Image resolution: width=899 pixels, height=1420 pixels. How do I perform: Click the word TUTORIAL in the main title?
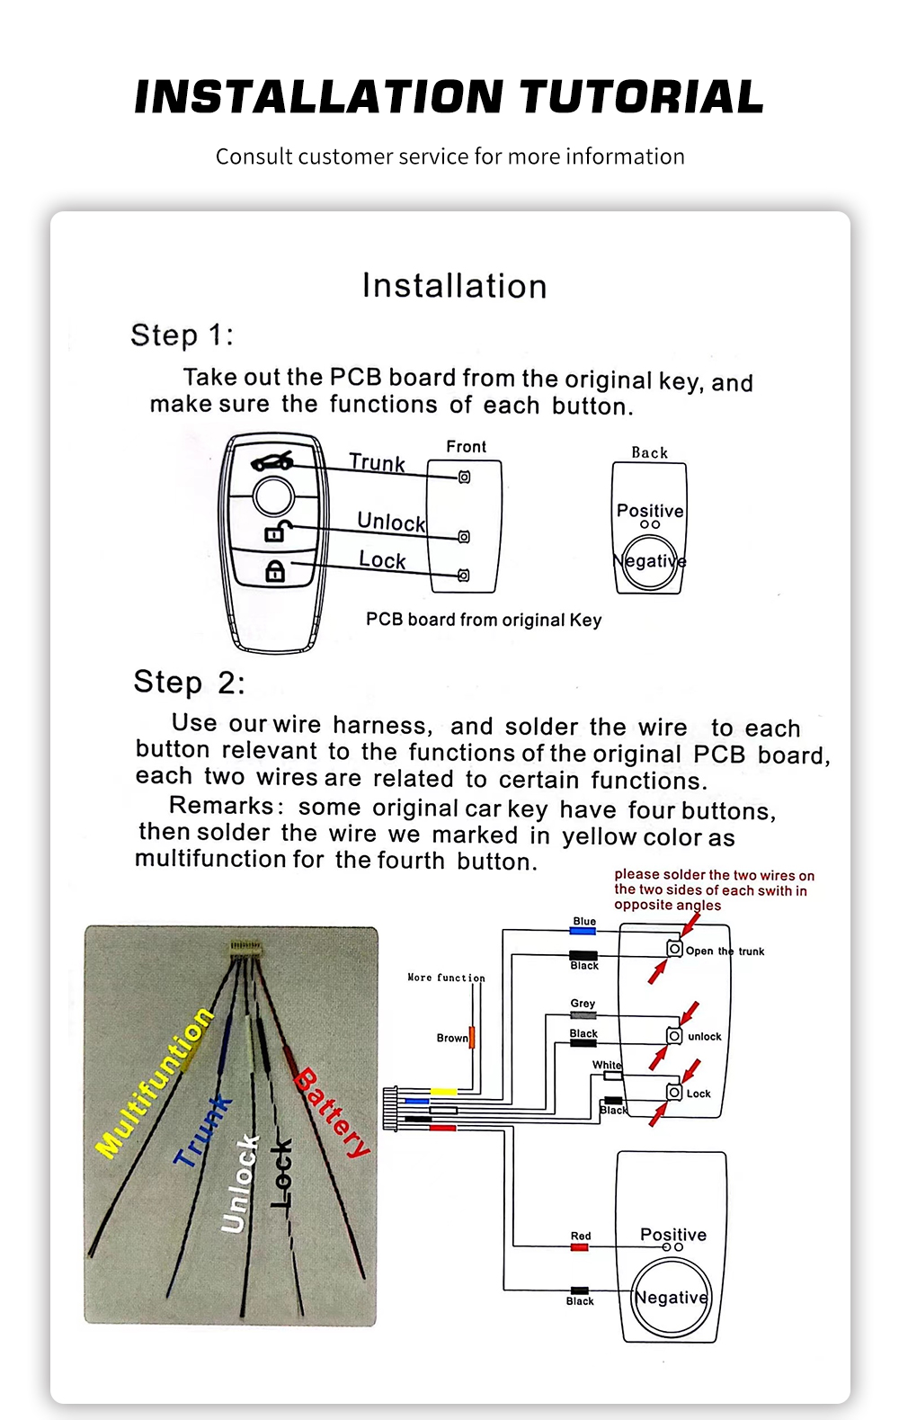pos(642,97)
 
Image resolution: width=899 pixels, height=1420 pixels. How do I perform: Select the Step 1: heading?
pos(182,335)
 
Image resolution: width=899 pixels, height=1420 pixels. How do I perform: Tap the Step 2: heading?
pos(189,683)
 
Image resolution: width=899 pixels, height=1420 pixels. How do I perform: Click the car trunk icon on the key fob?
pos(272,461)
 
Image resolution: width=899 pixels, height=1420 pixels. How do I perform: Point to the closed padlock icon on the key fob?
pos(275,571)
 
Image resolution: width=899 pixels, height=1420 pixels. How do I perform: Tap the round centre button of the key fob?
pos(273,496)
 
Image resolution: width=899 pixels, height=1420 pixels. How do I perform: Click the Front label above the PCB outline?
pos(466,447)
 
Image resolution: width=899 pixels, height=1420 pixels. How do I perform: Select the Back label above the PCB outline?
pos(649,453)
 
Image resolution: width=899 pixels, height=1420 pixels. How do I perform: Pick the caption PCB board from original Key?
pos(484,620)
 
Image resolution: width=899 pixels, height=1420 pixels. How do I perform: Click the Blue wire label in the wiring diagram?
pos(584,922)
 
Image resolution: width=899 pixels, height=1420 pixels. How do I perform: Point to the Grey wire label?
pos(583,1004)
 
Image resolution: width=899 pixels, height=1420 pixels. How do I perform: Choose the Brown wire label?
pos(452,1038)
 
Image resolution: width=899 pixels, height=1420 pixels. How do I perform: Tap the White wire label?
pos(607,1065)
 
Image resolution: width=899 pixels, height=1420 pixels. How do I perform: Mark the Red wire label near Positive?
pos(581,1237)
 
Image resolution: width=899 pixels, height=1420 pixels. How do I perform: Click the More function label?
pos(446,978)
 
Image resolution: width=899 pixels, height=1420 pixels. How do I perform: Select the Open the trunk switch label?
pos(725,951)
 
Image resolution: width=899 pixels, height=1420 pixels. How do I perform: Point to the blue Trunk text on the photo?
pos(202,1131)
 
